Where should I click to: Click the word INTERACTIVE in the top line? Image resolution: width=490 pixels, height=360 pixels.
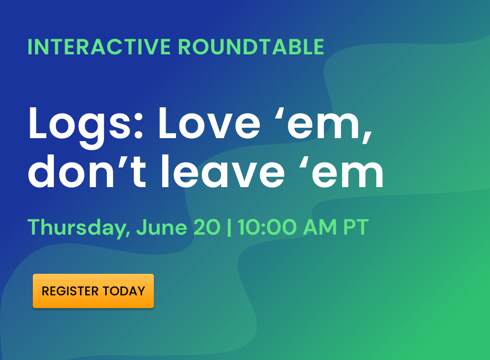click(99, 47)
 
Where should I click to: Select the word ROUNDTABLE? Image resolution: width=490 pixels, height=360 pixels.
click(251, 47)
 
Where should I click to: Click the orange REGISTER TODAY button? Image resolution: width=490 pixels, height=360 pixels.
click(93, 291)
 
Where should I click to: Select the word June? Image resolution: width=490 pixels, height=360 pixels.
click(162, 227)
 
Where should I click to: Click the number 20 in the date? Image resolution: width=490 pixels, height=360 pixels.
click(207, 227)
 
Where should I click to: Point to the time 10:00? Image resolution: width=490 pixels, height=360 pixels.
click(267, 227)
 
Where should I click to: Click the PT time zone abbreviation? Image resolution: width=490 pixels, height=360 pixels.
click(356, 227)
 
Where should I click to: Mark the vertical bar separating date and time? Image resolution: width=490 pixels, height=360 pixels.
click(229, 227)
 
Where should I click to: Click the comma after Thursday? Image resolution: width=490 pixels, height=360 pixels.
click(128, 233)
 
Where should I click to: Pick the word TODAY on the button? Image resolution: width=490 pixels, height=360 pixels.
click(124, 291)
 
